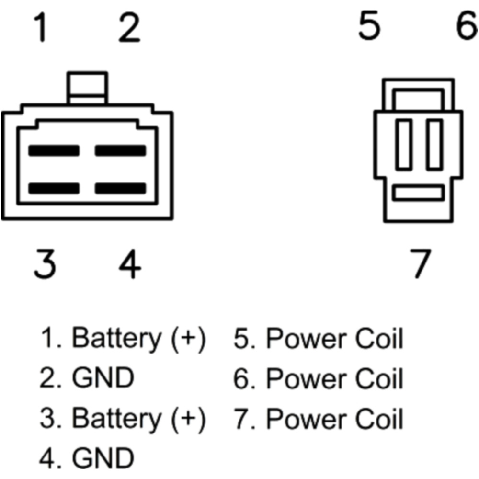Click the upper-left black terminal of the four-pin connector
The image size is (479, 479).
53,150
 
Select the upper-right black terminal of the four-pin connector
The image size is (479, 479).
120,150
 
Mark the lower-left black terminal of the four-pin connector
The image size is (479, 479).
53,188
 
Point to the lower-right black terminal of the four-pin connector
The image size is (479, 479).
120,188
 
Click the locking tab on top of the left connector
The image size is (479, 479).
87,87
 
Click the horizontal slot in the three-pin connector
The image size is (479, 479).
418,193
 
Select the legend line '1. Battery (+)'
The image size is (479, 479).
122,339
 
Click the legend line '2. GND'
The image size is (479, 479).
86,379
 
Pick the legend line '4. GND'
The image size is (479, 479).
86,458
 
